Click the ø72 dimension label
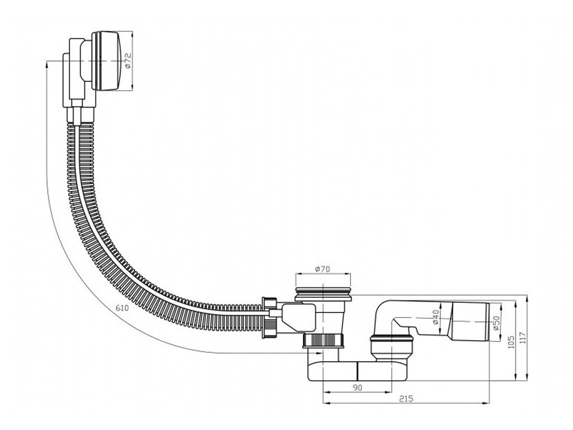point(128,60)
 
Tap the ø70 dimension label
point(323,269)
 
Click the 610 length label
point(123,309)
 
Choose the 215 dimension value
point(407,399)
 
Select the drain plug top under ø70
point(323,294)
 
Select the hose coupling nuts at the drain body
point(271,316)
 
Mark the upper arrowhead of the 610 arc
point(46,65)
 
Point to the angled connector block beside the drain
point(297,316)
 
